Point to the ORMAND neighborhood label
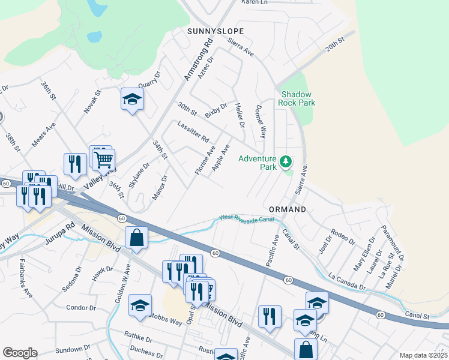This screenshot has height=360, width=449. (288, 209)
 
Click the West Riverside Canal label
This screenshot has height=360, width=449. (247, 220)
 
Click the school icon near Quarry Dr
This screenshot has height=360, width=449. (132, 100)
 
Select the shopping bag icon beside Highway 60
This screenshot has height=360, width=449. (137, 237)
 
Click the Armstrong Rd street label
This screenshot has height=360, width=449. (199, 59)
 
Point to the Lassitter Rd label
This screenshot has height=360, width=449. (193, 130)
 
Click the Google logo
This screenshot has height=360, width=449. (20, 352)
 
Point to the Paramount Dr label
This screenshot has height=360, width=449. (393, 243)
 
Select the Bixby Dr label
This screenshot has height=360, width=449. (216, 111)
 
